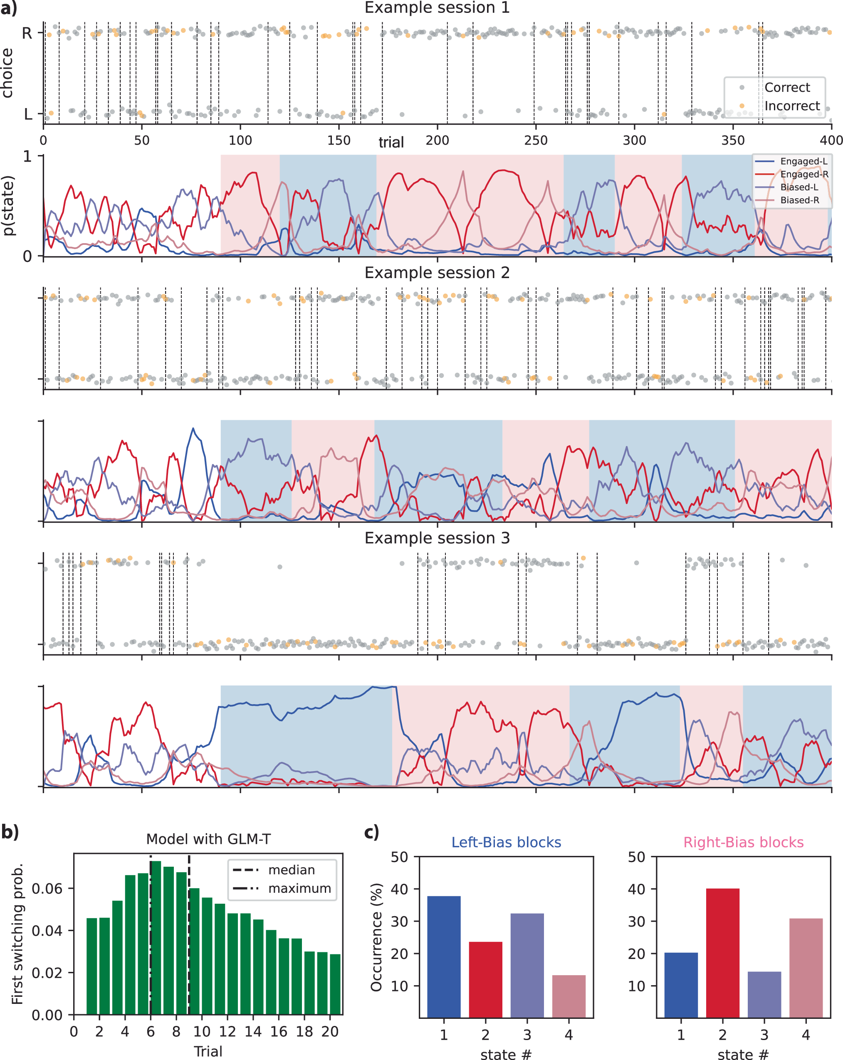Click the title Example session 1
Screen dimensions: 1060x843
click(x=437, y=8)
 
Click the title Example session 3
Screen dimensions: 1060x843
click(x=437, y=538)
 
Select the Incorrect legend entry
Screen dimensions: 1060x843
click(x=791, y=106)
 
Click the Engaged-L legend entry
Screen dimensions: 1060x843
click(x=803, y=161)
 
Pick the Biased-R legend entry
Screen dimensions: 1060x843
click(x=799, y=200)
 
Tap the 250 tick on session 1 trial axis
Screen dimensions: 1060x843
click(x=536, y=141)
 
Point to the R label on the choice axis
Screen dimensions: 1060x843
click(x=27, y=33)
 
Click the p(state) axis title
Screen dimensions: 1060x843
click(x=8, y=205)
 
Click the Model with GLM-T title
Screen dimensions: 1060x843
click(x=208, y=839)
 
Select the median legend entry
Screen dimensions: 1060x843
click(x=291, y=870)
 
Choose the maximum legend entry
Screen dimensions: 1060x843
click(x=299, y=888)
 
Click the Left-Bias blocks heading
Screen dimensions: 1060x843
click(x=506, y=842)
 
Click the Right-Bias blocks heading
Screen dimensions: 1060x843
click(x=743, y=842)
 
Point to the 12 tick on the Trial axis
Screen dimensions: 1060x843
click(x=227, y=1031)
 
